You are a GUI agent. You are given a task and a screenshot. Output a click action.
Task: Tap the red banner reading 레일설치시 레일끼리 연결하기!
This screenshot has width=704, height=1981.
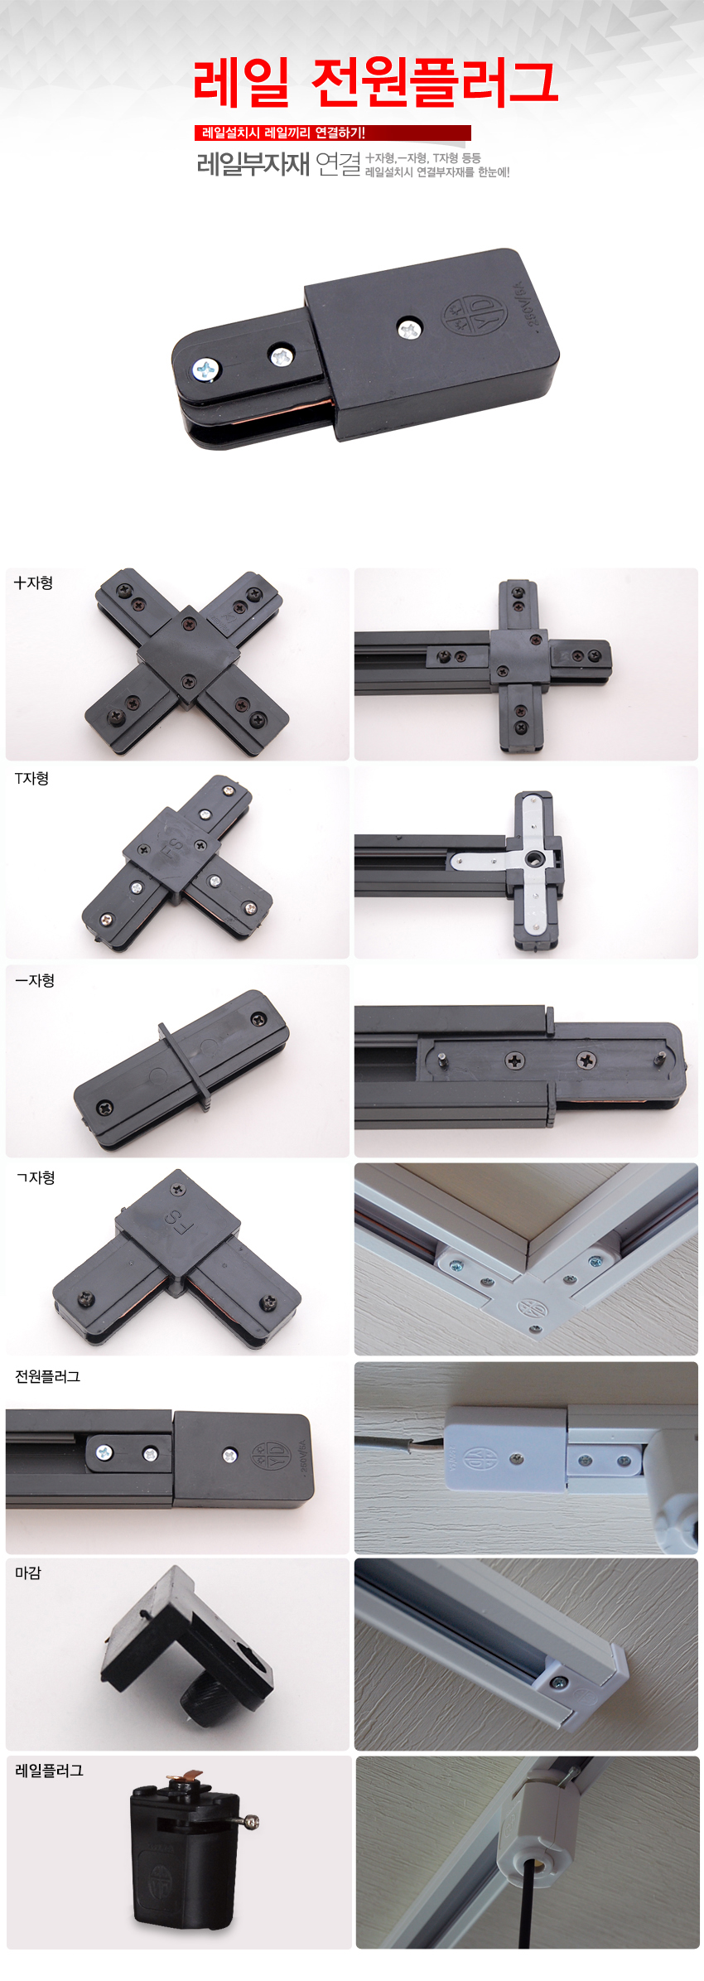point(332,133)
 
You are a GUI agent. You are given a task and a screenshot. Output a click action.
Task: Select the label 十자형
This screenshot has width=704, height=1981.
point(33,582)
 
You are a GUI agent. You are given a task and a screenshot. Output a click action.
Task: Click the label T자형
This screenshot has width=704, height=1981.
point(31,778)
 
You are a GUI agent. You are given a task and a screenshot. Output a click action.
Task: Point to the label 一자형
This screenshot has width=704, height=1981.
point(35,980)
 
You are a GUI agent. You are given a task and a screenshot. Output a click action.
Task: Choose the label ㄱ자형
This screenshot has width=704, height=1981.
point(35,1177)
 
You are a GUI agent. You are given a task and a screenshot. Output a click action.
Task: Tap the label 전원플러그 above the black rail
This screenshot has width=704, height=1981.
point(47,1376)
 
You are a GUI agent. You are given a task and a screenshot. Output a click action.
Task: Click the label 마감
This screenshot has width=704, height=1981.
point(28,1573)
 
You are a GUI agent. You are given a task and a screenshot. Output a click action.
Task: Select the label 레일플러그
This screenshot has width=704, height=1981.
point(49,1771)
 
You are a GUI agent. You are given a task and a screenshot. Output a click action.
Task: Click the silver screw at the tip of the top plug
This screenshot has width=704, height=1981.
point(205,370)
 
